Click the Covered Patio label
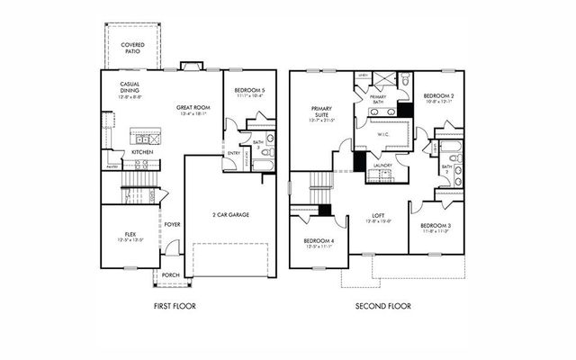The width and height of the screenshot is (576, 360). coord(133,48)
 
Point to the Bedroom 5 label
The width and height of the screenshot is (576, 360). coord(249,91)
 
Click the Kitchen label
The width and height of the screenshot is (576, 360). coord(142,152)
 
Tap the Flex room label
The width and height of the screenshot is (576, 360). coord(130,236)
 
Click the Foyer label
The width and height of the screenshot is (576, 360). coord(172,225)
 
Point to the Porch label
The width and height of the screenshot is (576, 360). coord(171,276)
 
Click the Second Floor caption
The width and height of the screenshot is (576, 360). coord(383,307)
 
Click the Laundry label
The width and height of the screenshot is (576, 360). coord(382,166)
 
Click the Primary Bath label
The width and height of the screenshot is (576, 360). coord(377,99)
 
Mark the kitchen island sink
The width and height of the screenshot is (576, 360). coord(145,139)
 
